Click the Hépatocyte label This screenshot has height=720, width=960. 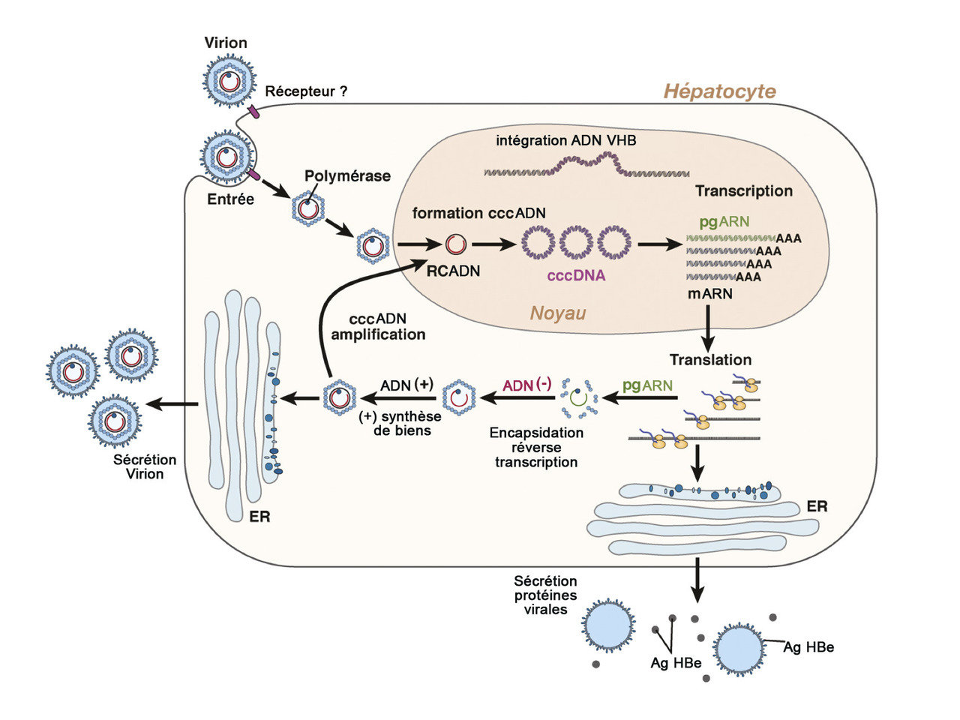pos(719,91)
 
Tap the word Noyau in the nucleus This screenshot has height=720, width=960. pos(558,313)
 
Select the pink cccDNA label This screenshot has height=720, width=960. pos(576,275)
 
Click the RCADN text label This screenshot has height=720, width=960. pos(453,271)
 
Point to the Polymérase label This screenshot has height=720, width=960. pos(347,176)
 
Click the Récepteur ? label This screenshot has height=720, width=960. pos(306,91)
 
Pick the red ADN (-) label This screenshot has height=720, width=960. pos(526,385)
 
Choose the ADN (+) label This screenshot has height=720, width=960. pos(406,385)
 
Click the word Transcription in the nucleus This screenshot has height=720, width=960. pos(743,190)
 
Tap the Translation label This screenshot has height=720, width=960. pos(710,360)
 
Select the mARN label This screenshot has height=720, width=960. pos(709,293)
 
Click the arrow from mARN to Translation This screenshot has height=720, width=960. pos(707,325)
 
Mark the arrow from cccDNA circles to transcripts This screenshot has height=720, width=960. pos(655,244)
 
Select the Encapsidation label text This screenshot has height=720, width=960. pos(536,433)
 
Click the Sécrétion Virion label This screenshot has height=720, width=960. pos(145,466)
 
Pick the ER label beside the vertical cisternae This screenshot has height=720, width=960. pos(259,517)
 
